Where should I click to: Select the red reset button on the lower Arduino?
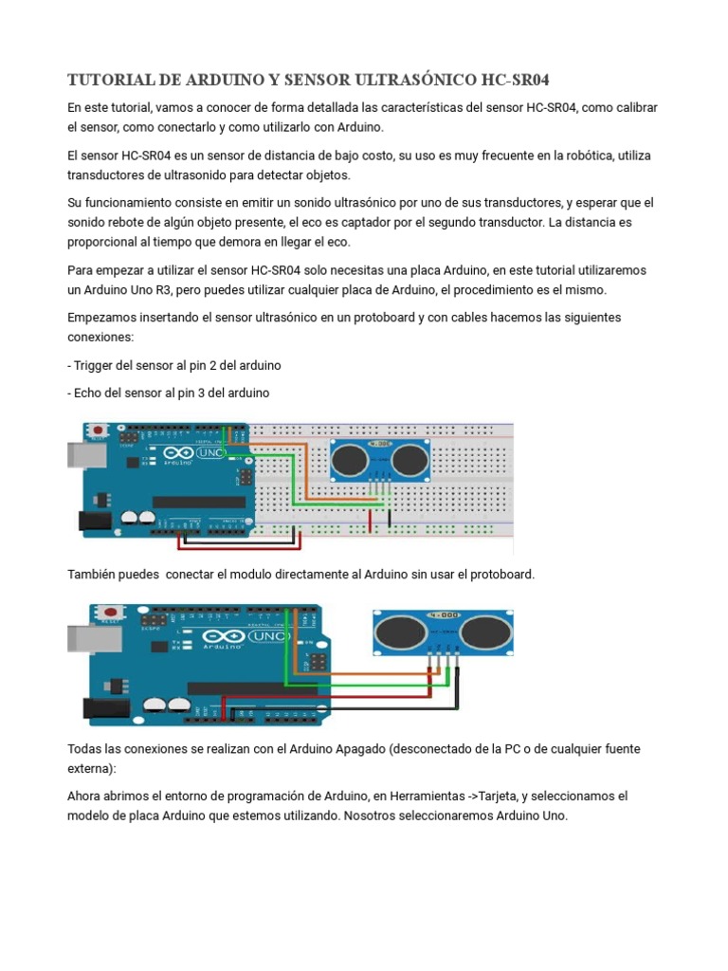point(110,613)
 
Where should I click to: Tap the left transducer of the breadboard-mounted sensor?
point(352,460)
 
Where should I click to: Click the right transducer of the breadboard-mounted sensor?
point(409,460)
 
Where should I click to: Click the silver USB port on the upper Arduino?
point(81,456)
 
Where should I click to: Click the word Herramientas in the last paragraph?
point(418,796)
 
